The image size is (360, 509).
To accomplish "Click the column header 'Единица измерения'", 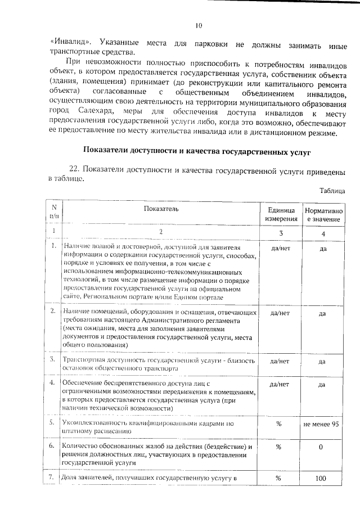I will click(281, 213).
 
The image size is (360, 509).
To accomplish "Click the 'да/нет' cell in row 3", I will click(280, 362).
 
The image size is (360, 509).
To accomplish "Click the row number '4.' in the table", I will click(53, 385).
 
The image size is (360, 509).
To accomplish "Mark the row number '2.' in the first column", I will click(53, 310).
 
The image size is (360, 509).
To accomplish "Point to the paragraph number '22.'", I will click(75, 169).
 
